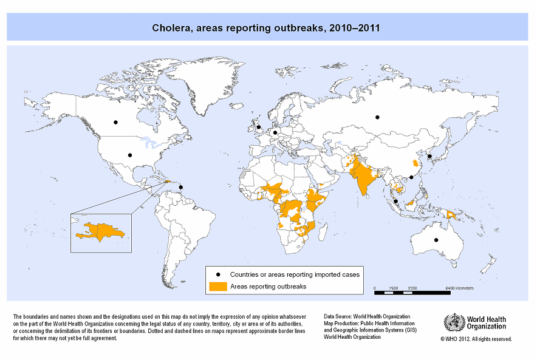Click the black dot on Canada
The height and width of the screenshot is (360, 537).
115,123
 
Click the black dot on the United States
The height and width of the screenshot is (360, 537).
129,155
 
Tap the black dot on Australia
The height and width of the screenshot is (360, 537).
436,240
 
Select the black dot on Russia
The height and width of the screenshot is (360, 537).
377,117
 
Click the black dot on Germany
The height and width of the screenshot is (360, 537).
275,132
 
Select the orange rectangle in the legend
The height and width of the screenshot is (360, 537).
218,286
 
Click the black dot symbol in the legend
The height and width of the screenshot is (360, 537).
218,274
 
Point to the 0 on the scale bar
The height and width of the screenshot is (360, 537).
375,286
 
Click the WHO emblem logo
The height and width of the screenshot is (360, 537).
452,322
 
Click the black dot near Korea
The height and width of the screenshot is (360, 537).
429,156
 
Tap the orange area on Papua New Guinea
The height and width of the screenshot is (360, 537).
451,214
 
